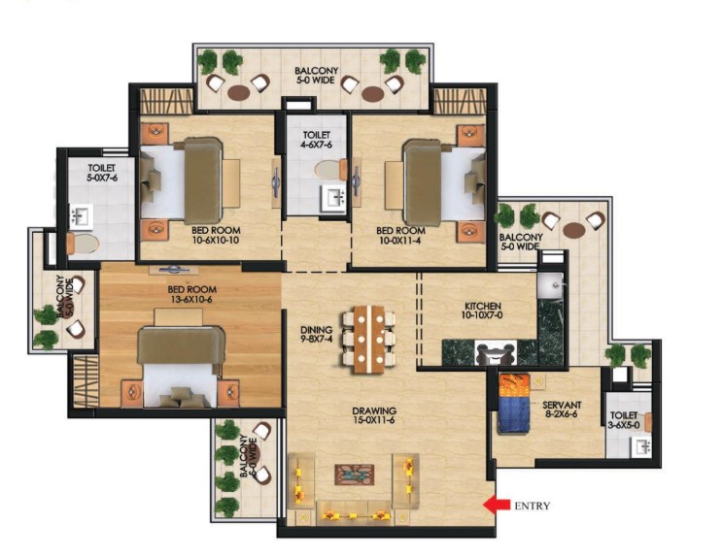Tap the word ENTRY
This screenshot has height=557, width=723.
pyautogui.click(x=532, y=506)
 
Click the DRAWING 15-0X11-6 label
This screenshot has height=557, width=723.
pyautogui.click(x=374, y=417)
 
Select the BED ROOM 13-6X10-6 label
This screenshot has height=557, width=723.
pyautogui.click(x=191, y=295)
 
